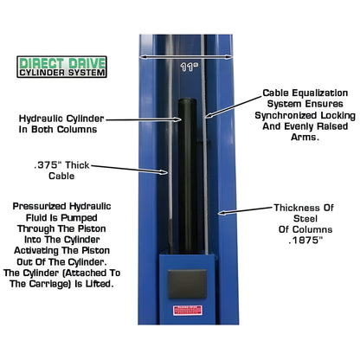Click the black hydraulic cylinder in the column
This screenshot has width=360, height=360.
[x=187, y=173]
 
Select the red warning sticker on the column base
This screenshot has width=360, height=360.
[x=187, y=311]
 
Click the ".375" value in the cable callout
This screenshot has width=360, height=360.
[x=47, y=164]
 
